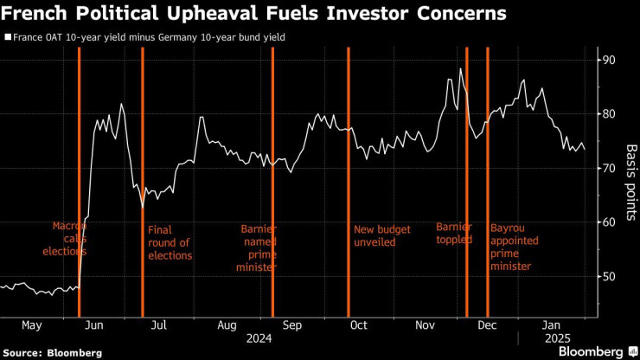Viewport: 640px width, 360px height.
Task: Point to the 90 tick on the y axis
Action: click(610, 60)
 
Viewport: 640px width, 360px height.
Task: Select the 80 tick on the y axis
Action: click(610, 113)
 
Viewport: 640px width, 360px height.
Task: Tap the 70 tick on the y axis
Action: click(610, 168)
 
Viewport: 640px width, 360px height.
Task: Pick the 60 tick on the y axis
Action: click(610, 222)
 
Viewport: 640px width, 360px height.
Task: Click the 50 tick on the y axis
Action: click(610, 276)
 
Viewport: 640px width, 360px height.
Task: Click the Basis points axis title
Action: click(630, 169)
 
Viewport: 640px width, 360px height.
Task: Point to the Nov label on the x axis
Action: click(424, 325)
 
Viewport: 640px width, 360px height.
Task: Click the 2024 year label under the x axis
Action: click(258, 338)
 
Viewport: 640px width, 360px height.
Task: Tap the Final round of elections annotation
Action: click(170, 242)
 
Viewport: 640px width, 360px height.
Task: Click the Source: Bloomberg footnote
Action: click(53, 353)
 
